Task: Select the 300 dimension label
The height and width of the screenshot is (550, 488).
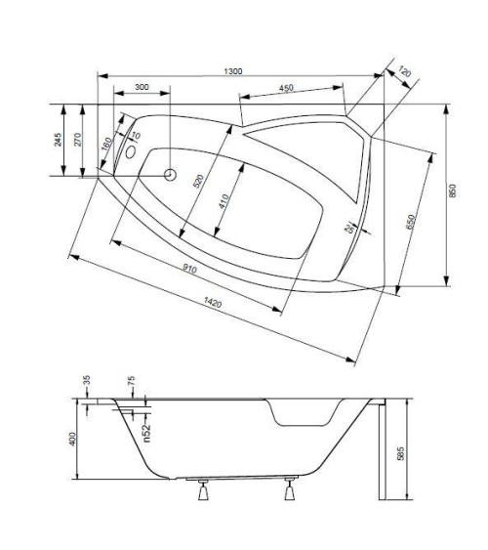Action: [x=142, y=88]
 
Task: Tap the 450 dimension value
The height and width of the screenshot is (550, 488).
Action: [x=286, y=88]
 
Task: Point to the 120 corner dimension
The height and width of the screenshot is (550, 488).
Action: [x=405, y=74]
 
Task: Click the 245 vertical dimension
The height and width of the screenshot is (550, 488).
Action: [x=60, y=141]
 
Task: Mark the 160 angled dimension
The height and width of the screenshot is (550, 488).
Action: [x=106, y=144]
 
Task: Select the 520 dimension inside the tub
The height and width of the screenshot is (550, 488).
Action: [x=199, y=181]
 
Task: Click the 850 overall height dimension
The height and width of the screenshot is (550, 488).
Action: [x=452, y=193]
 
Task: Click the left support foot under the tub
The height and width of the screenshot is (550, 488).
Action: [x=204, y=492]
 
